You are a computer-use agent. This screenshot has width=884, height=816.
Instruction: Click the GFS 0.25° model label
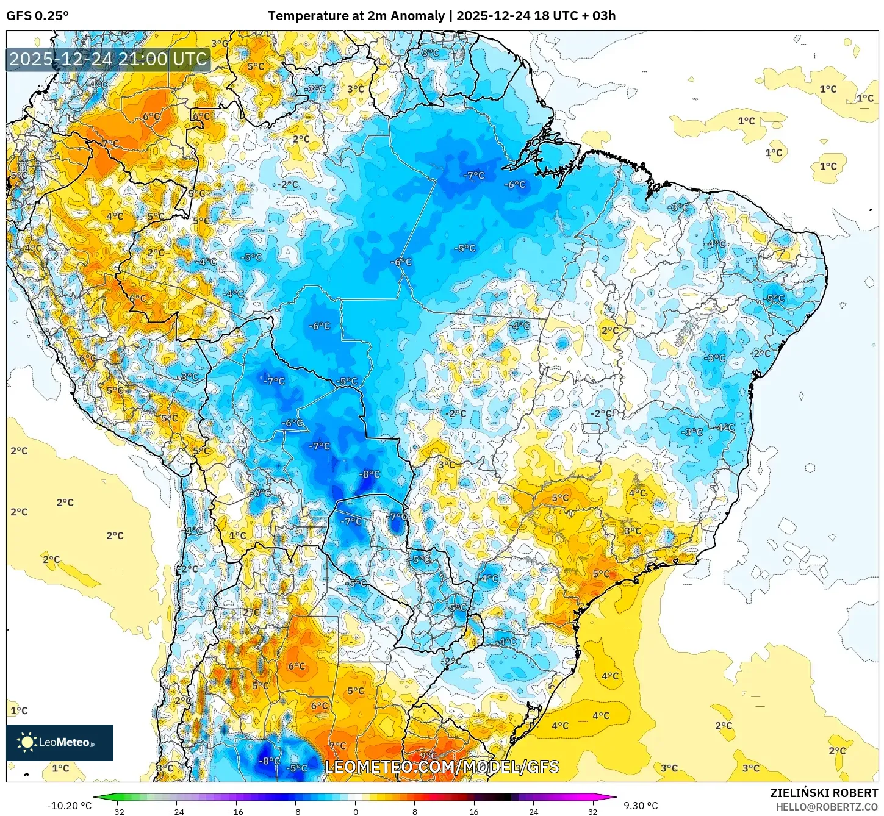click(37, 16)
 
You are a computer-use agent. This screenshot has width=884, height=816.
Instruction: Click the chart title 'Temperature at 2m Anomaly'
click(356, 16)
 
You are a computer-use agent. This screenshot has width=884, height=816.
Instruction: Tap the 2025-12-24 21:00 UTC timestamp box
click(109, 59)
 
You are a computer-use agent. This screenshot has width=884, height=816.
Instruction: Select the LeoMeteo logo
click(60, 742)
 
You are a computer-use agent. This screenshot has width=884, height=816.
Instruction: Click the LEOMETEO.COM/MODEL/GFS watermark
click(442, 767)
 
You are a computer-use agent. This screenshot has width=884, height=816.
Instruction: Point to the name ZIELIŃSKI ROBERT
click(824, 793)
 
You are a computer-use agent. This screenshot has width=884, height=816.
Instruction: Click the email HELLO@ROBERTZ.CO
click(827, 807)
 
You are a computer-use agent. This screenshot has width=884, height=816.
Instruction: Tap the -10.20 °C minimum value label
click(69, 806)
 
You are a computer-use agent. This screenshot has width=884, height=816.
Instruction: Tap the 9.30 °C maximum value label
click(641, 806)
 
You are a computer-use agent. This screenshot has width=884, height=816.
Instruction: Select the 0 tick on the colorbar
click(356, 812)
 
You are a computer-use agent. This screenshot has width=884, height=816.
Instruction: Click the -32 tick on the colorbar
click(117, 812)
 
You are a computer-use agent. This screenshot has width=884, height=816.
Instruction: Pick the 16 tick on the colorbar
click(473, 812)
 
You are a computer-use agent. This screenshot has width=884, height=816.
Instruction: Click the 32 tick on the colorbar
click(592, 812)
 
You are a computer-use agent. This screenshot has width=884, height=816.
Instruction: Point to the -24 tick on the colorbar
click(176, 812)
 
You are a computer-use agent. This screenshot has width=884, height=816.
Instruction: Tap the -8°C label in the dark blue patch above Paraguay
click(369, 474)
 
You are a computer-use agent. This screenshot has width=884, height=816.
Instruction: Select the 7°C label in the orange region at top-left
click(110, 144)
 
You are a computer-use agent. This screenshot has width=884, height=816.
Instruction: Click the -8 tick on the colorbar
click(296, 812)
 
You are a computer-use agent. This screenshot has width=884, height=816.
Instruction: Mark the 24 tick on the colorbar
click(533, 812)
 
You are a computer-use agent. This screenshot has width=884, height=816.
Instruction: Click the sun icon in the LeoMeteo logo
click(27, 742)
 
